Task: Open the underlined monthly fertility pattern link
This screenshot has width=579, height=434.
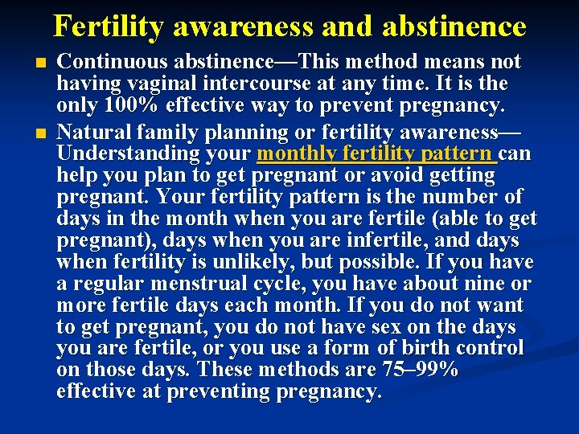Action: tap(376, 153)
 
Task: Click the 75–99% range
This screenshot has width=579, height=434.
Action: tap(416, 371)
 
